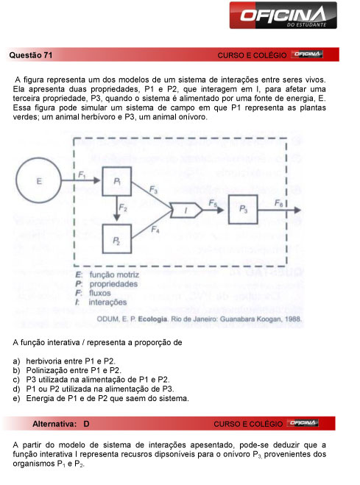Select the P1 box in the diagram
[x=117, y=182]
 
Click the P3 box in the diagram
[x=244, y=210]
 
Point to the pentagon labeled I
[x=187, y=211]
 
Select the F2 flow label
[x=125, y=210]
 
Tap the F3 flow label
[x=153, y=190]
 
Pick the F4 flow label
[x=155, y=230]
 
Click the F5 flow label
[x=212, y=202]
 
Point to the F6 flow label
[x=279, y=202]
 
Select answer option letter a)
[x=16, y=361]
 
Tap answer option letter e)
[x=16, y=398]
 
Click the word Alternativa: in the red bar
[x=55, y=424]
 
